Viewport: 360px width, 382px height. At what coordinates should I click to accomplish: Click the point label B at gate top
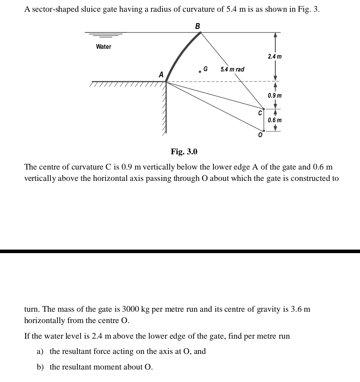(x=197, y=26)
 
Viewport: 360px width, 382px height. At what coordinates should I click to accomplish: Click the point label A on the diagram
(x=161, y=74)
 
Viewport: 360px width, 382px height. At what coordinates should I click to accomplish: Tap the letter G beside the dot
(x=206, y=69)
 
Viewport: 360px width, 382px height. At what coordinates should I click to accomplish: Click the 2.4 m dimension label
(x=275, y=57)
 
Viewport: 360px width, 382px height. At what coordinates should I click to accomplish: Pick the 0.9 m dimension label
(x=275, y=96)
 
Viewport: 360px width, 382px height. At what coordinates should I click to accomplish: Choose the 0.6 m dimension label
(x=275, y=120)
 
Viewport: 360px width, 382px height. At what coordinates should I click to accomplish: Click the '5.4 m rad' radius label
(x=232, y=70)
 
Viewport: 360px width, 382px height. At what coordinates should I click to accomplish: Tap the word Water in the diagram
(x=104, y=47)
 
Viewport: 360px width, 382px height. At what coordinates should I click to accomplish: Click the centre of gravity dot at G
(x=200, y=71)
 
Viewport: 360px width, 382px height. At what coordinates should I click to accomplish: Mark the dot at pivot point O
(x=264, y=131)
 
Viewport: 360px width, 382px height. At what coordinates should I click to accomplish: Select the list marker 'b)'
(x=41, y=367)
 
